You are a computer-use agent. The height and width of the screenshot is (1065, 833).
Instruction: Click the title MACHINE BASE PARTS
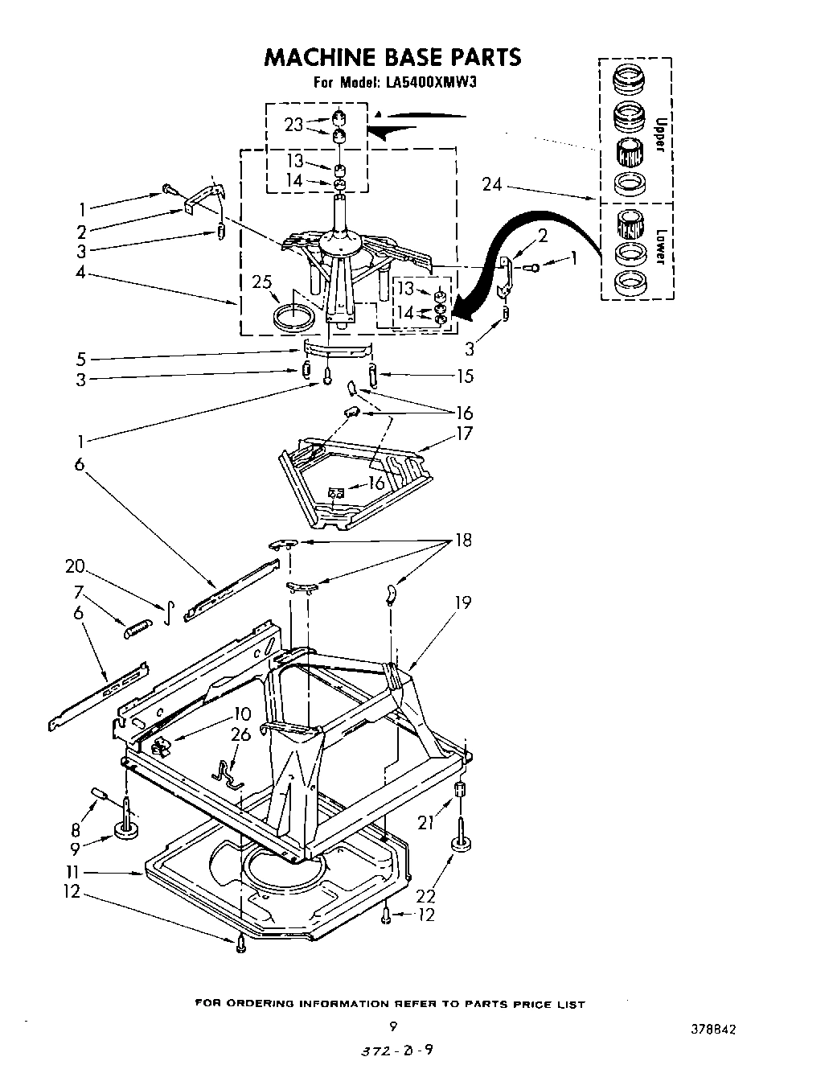point(392,57)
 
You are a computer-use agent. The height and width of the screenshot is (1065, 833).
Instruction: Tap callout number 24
point(491,185)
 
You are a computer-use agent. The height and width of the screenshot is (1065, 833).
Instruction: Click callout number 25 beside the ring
point(262,282)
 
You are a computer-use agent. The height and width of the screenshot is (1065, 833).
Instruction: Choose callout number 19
point(462,602)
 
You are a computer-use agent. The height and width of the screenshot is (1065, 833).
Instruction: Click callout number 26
point(240,734)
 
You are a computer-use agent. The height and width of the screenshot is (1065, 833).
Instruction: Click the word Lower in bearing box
point(660,248)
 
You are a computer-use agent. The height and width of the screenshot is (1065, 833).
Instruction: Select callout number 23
point(293,125)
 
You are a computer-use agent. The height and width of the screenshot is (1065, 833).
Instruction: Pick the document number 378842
point(712,1030)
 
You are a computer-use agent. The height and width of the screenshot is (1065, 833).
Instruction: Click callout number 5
point(81,359)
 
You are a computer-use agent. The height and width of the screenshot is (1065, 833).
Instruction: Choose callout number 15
point(464,376)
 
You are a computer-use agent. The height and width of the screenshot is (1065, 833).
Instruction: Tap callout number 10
point(242,713)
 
